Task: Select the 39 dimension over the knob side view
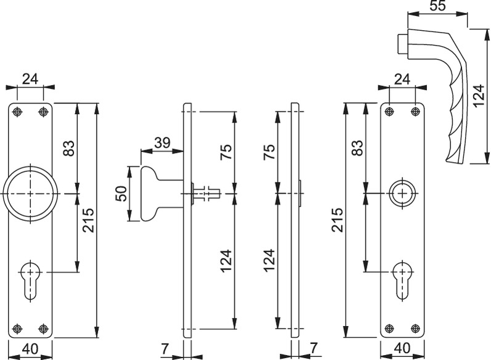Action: tap(162, 142)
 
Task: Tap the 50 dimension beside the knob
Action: tap(121, 194)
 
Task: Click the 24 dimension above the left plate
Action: tap(30, 78)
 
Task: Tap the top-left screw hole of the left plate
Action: tap(17, 112)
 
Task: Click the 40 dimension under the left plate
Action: tap(30, 350)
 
